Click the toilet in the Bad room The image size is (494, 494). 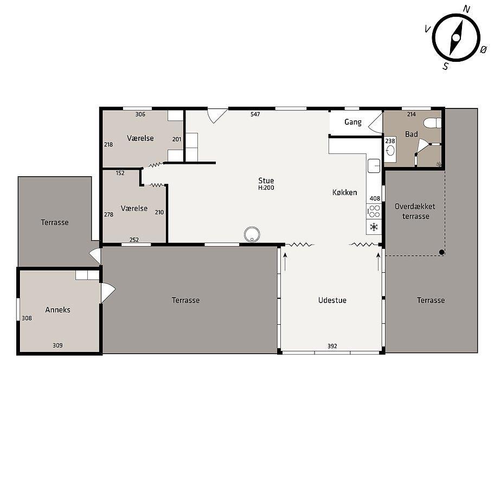(432, 123)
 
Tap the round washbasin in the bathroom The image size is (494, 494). (390, 151)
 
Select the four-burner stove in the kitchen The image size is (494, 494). (374, 211)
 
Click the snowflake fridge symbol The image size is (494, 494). (374, 227)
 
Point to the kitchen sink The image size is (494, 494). (374, 166)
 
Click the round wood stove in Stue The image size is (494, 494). (252, 234)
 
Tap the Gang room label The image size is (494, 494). (353, 122)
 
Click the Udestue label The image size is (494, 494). (332, 300)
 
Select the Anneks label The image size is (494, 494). (57, 310)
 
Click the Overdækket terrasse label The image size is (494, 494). (415, 211)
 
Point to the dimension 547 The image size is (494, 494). (255, 114)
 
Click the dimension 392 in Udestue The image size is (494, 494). (332, 346)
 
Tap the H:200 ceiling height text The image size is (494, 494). (266, 188)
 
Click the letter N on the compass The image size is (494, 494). (466, 9)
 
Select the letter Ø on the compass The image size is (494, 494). (484, 49)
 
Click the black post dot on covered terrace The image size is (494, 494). (442, 252)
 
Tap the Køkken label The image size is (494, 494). (345, 192)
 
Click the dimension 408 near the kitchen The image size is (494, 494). (375, 198)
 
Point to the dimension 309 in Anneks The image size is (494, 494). (57, 345)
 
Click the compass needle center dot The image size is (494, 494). (456, 38)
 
